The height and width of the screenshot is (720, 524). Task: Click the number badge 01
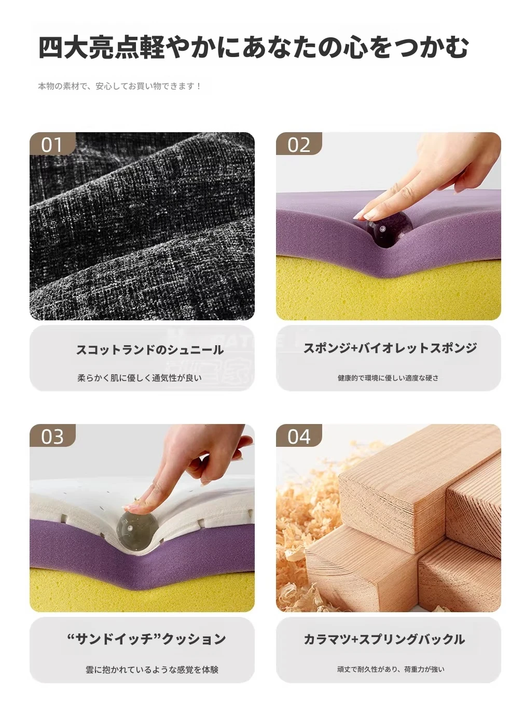(x=52, y=144)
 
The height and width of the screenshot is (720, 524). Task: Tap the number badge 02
(x=299, y=144)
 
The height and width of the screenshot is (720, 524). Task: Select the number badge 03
(x=52, y=435)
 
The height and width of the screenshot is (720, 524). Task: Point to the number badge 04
(x=299, y=435)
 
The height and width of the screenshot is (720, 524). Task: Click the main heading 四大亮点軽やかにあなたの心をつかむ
(x=254, y=47)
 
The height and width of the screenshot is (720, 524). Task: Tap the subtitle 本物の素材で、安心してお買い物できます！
(x=120, y=86)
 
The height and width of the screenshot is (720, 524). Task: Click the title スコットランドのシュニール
(x=150, y=350)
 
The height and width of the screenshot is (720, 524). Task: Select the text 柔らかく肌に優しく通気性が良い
(x=140, y=378)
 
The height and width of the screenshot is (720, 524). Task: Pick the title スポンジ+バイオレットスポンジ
(x=390, y=348)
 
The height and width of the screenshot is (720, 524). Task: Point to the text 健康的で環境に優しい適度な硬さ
(x=388, y=378)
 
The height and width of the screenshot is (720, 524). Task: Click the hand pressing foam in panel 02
(x=428, y=177)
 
